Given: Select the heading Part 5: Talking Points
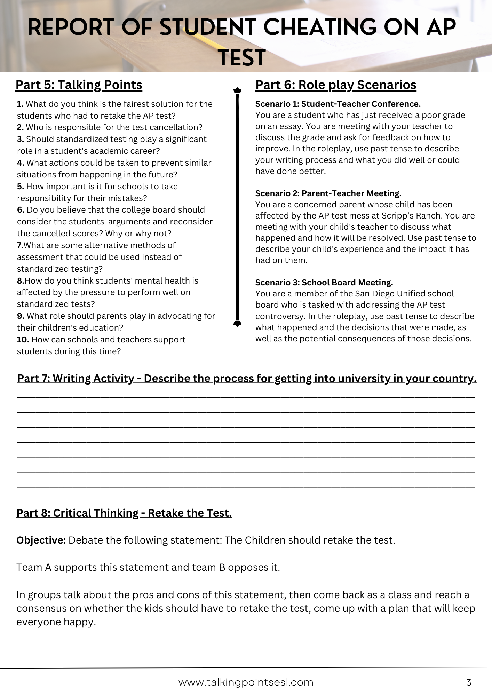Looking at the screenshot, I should pyautogui.click(x=79, y=85).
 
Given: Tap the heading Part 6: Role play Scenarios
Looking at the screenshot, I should pyautogui.click(x=336, y=85).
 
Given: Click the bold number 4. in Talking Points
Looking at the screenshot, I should pyautogui.click(x=21, y=163).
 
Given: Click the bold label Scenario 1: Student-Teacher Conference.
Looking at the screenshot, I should pyautogui.click(x=338, y=104).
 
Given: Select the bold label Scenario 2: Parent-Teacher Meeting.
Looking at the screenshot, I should pyautogui.click(x=328, y=193).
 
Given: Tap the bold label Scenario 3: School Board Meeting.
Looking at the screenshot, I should pyautogui.click(x=324, y=283).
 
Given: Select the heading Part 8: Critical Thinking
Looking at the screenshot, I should pyautogui.click(x=124, y=513).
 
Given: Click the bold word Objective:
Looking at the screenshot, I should pyautogui.click(x=41, y=540).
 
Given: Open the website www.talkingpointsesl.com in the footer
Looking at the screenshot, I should pyautogui.click(x=246, y=682).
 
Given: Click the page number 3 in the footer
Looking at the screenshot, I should pyautogui.click(x=468, y=682).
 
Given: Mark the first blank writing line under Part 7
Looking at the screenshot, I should pyautogui.click(x=246, y=397).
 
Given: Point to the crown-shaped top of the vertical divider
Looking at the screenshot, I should pyautogui.click(x=237, y=91).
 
